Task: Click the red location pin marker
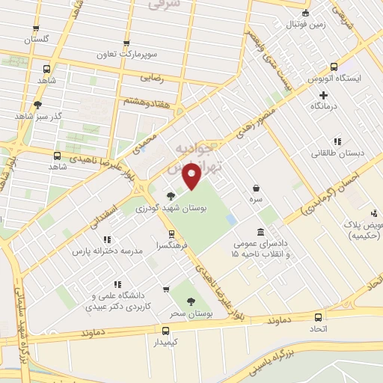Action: pyautogui.click(x=191, y=177)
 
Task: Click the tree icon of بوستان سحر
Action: pyautogui.click(x=191, y=301)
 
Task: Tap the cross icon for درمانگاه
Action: pyautogui.click(x=323, y=95)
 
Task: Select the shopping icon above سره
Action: pyautogui.click(x=257, y=189)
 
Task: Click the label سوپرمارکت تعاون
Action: pyautogui.click(x=125, y=55)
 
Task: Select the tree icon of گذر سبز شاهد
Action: pyautogui.click(x=37, y=105)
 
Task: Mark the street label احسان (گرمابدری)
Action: pyautogui.click(x=329, y=194)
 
